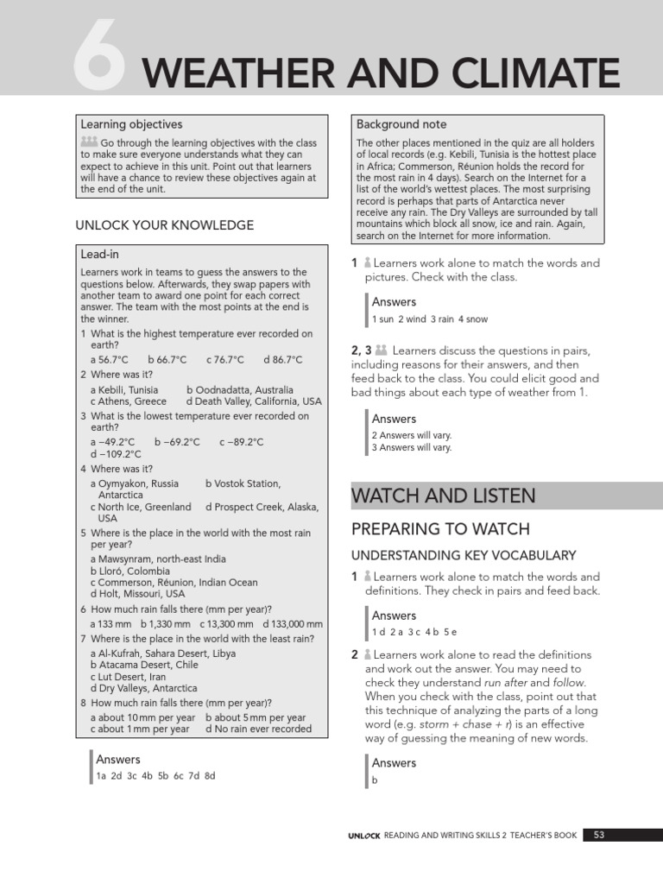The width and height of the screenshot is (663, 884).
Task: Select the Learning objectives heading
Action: point(131,124)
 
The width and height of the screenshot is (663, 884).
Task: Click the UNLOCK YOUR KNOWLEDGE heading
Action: point(165,225)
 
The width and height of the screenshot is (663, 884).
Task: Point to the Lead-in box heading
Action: point(99,255)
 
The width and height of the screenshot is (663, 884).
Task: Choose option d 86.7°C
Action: point(283,360)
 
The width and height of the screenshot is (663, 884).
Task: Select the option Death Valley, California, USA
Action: point(253,401)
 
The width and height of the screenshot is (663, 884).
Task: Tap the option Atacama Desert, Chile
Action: point(144,665)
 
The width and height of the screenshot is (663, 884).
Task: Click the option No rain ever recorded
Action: point(258,729)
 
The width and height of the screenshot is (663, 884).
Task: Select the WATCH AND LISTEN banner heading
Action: point(444,496)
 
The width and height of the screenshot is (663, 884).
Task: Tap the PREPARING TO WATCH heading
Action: point(440,529)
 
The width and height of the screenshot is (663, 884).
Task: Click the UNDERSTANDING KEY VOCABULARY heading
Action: point(463,555)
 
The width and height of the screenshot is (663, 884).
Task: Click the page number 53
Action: point(599,835)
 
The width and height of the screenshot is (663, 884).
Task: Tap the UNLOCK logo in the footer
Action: point(363,836)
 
